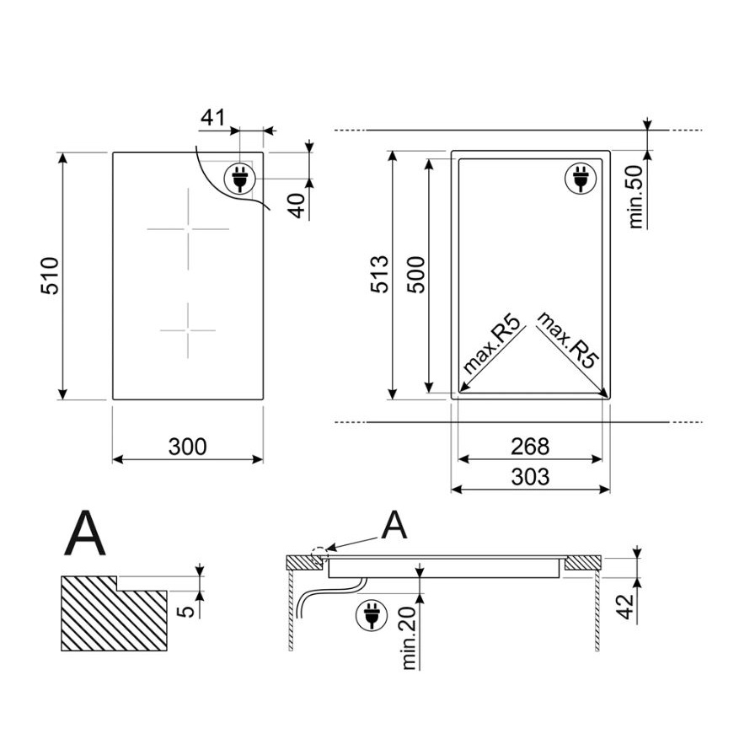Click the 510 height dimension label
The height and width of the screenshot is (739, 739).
50,276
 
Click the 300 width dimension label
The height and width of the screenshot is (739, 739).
188,447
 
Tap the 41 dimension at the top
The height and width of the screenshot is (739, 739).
213,117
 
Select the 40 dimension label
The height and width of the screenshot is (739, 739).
297,206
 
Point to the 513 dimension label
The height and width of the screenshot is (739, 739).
379,275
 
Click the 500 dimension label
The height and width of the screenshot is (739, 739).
415,275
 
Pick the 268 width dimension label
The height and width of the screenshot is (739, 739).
530,447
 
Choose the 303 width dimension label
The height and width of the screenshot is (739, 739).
530,477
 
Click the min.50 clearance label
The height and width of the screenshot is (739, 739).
636,196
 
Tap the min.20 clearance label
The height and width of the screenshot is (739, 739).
409,637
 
